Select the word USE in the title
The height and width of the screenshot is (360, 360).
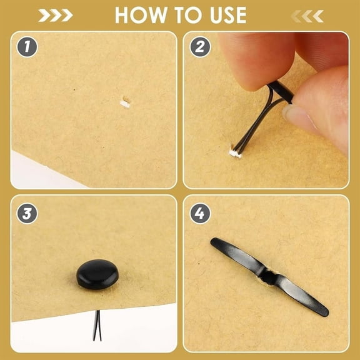[x=228, y=15]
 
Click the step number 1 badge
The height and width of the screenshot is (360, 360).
[x=27, y=47]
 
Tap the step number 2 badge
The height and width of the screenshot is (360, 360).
[x=200, y=47]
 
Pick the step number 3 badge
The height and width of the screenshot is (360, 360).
[x=27, y=214]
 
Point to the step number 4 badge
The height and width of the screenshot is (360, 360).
[x=200, y=213]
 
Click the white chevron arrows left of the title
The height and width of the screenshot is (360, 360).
[x=56, y=16]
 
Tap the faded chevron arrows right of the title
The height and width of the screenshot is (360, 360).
[x=307, y=16]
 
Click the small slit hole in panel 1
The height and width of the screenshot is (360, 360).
[x=126, y=103]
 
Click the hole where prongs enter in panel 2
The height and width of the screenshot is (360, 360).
[x=234, y=153]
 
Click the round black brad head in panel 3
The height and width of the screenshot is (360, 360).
[x=97, y=274]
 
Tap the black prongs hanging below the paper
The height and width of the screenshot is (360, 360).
[x=97, y=326]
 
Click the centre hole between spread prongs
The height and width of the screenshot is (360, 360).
[x=268, y=277]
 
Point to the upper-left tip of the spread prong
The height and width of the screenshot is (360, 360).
[x=213, y=241]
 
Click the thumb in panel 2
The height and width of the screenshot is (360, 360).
[x=321, y=108]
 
